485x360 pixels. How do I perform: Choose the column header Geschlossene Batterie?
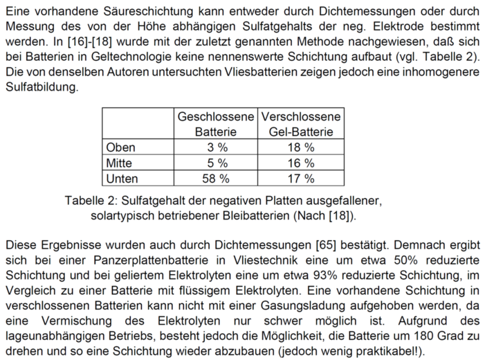[216, 124]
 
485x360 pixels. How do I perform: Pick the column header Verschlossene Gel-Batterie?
[300, 124]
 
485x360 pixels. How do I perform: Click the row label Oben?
[120, 147]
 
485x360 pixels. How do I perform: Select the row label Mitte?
[118, 163]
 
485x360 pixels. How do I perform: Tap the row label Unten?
[122, 178]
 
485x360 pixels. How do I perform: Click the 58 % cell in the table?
[216, 178]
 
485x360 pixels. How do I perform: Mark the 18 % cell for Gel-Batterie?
[300, 147]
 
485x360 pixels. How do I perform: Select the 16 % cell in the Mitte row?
[300, 163]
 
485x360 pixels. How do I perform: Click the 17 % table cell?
[300, 178]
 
